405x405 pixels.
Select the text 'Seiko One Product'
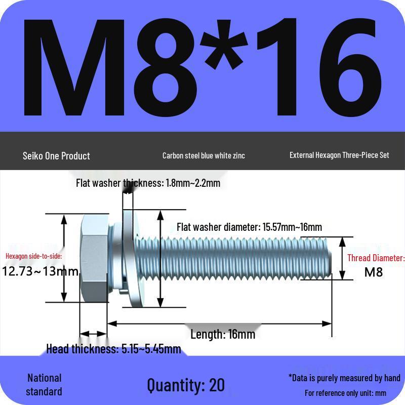point(56,156)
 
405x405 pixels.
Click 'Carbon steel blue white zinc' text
point(204,156)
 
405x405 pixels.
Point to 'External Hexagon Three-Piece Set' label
point(339,155)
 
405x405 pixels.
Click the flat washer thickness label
point(148,183)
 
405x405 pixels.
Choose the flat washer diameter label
point(249,227)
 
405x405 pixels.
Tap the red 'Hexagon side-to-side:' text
point(34,256)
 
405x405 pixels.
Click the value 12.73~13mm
point(41,271)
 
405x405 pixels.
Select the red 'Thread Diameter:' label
point(376,258)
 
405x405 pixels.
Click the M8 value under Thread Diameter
point(374,272)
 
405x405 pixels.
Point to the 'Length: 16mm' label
point(223,334)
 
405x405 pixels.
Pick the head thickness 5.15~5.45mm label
point(113,349)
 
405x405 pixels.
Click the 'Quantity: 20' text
point(186,385)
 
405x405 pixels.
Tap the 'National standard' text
point(44,385)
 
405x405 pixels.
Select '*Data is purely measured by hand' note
point(344,378)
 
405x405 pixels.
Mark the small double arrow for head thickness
point(93,334)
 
